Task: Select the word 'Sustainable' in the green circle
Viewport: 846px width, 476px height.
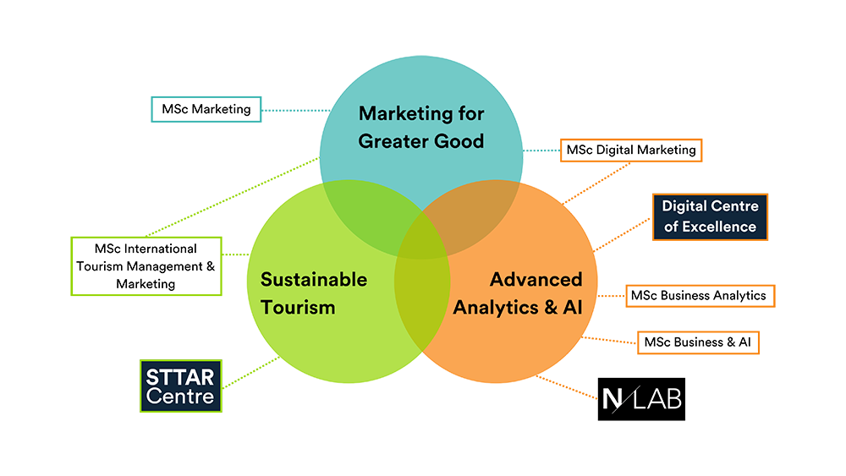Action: pyautogui.click(x=313, y=279)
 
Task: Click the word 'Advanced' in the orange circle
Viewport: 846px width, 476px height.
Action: pyautogui.click(x=536, y=279)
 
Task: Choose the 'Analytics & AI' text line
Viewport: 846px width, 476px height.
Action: pyautogui.click(x=518, y=307)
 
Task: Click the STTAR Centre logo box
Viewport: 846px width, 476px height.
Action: pyautogui.click(x=180, y=386)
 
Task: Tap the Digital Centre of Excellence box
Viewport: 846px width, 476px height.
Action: pyautogui.click(x=709, y=216)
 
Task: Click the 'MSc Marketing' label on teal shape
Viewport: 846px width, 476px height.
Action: pyautogui.click(x=206, y=109)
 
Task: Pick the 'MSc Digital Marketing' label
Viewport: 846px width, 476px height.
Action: pyautogui.click(x=630, y=150)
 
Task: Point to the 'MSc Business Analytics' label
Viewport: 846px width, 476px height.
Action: pyautogui.click(x=699, y=296)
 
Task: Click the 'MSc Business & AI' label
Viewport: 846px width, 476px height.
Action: pyautogui.click(x=698, y=342)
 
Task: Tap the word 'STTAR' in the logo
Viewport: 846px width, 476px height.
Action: pyautogui.click(x=181, y=375)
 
